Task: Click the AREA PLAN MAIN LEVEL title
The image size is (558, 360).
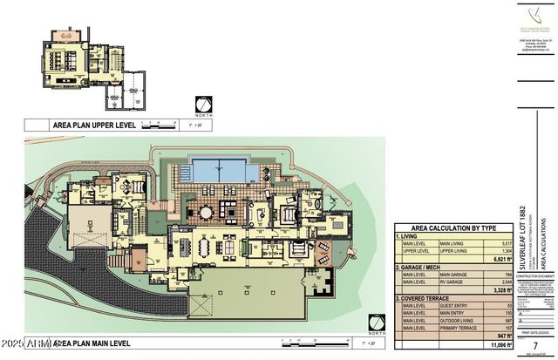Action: [x=96, y=343]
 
